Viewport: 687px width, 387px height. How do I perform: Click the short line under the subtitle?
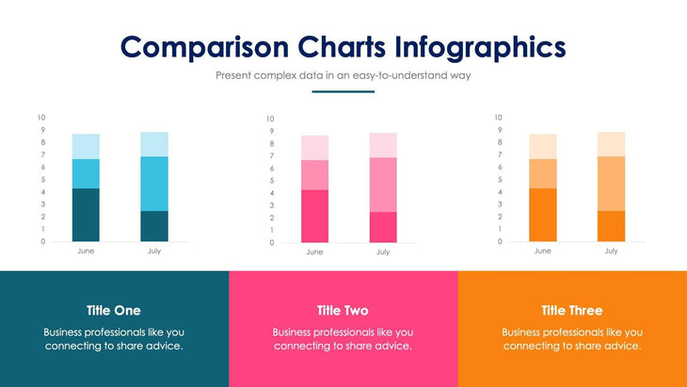click(343, 92)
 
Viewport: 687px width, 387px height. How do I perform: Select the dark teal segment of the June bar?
click(86, 215)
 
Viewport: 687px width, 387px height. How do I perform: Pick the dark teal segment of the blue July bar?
click(154, 226)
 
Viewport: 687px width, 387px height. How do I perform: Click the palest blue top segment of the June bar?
click(86, 146)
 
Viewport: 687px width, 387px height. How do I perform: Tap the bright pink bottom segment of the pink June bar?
click(314, 216)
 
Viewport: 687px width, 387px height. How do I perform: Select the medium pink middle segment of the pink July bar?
click(383, 185)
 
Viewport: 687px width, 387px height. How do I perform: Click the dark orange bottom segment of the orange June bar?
click(543, 215)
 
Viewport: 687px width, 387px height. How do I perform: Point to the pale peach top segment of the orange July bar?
click(611, 144)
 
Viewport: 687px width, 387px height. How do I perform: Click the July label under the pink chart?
click(383, 252)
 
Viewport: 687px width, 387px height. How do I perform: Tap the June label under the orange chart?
click(543, 251)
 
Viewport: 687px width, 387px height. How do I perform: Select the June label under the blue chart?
click(86, 251)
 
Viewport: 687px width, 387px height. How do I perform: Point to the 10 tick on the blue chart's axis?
click(40, 118)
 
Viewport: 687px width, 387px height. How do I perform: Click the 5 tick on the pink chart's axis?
click(271, 181)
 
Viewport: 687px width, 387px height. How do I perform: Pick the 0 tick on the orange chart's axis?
click(500, 242)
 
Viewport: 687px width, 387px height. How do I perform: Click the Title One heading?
click(114, 311)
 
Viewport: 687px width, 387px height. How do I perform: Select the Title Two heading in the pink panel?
click(343, 311)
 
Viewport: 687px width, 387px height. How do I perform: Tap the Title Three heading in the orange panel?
click(572, 311)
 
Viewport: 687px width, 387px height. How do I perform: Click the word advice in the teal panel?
click(161, 347)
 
